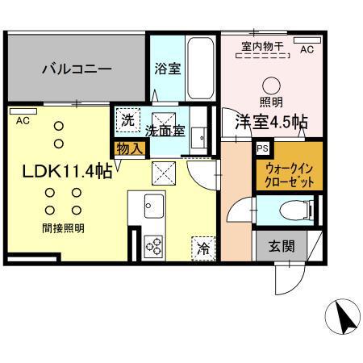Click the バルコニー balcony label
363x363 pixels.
pyautogui.click(x=76, y=69)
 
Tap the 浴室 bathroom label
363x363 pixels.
pyautogui.click(x=167, y=69)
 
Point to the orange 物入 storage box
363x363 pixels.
pyautogui.click(x=129, y=148)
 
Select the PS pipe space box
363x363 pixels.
pyautogui.click(x=262, y=148)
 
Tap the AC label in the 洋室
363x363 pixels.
pyautogui.click(x=307, y=49)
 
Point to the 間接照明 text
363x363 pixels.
pyautogui.click(x=64, y=229)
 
